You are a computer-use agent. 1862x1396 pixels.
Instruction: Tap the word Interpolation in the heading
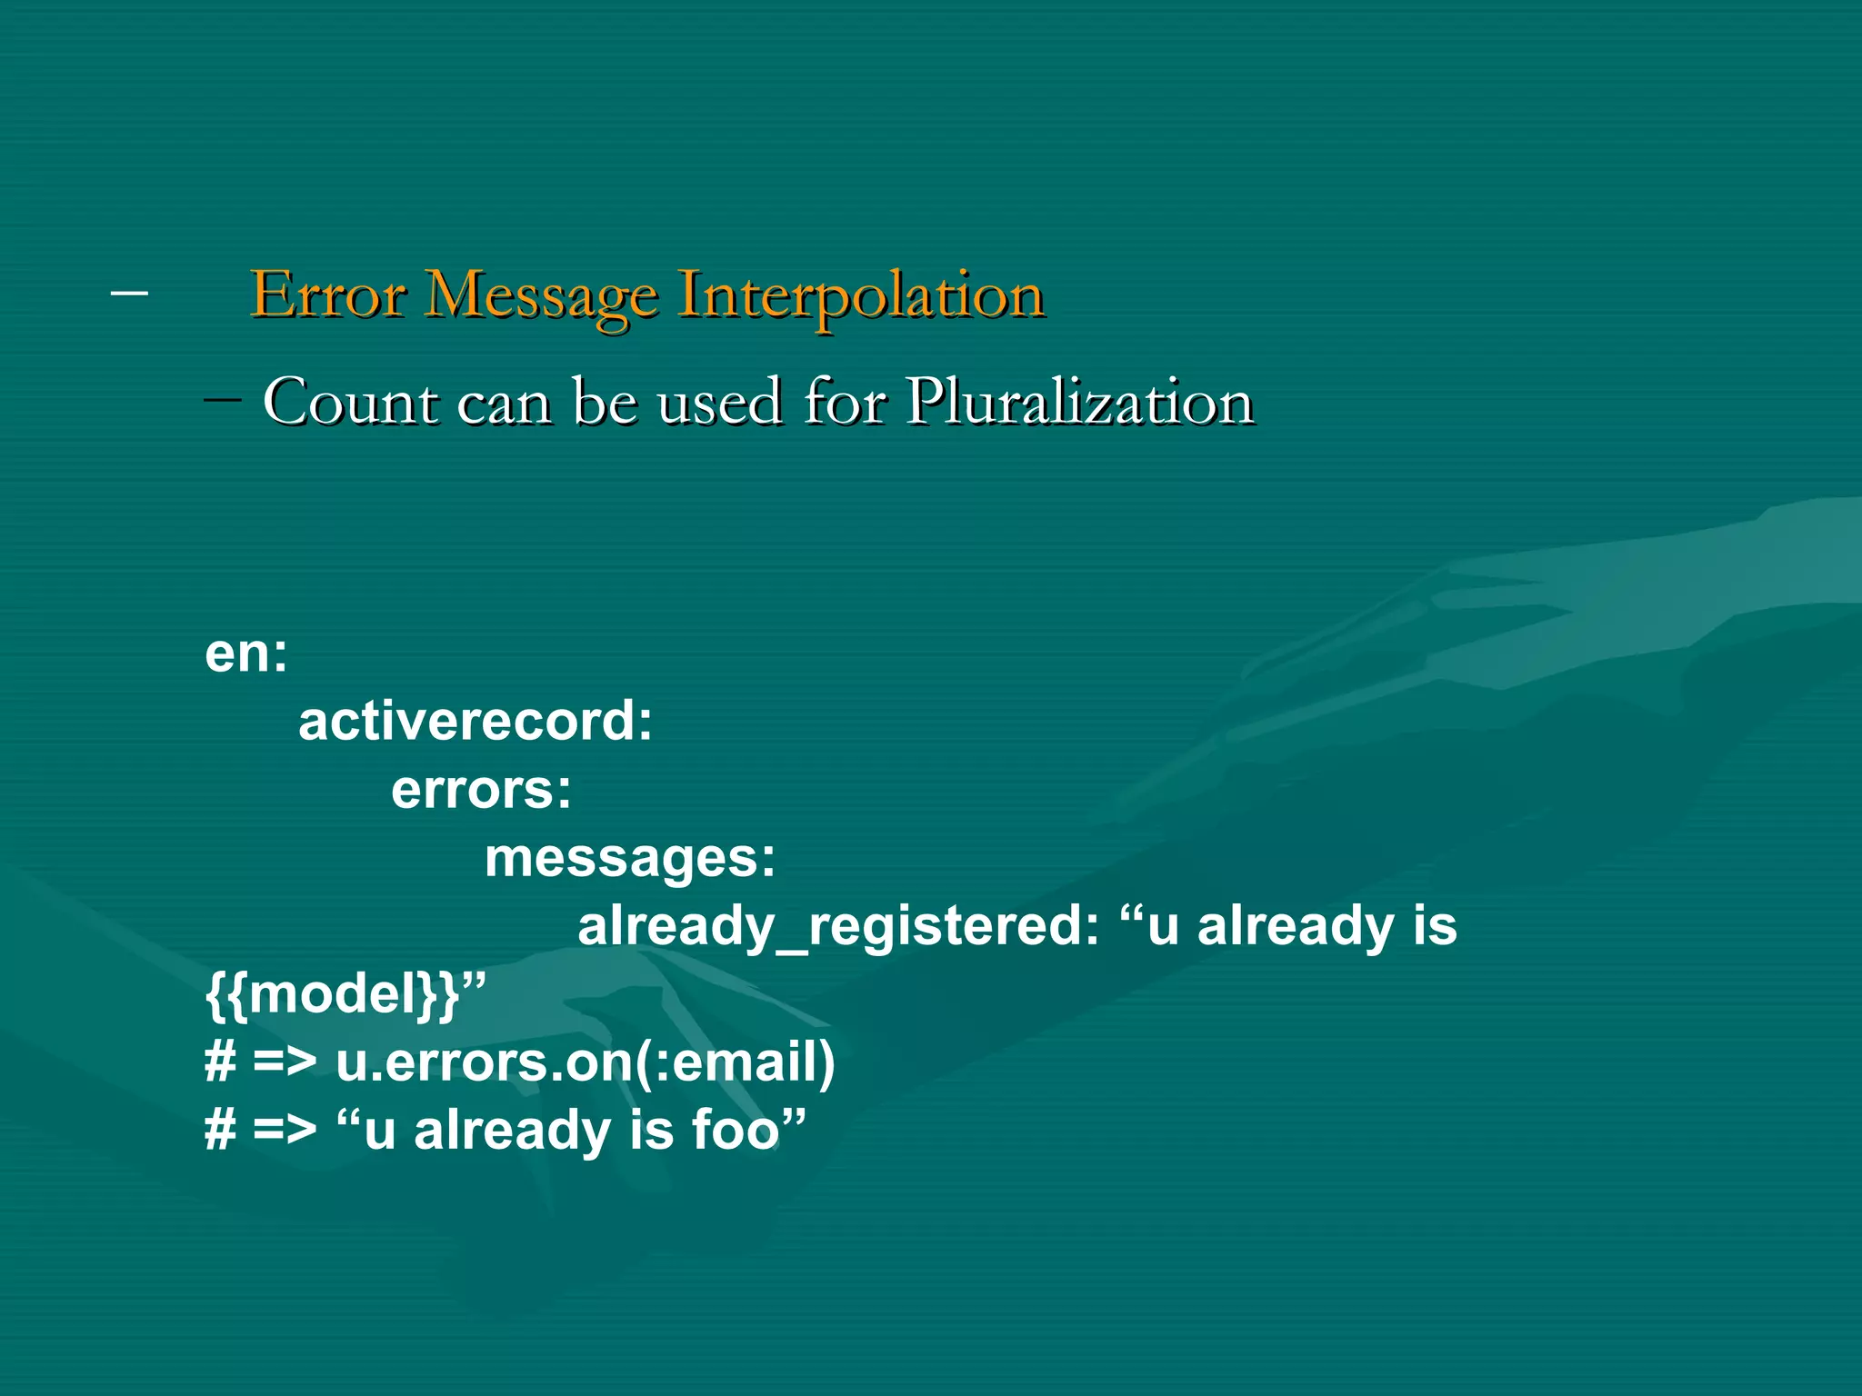pos(861,295)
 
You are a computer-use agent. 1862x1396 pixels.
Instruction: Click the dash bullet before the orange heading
pos(129,293)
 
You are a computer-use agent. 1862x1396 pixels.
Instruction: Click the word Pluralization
pos(1080,402)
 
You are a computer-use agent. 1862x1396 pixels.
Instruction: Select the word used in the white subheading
pos(719,402)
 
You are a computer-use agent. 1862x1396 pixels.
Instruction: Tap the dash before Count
pos(223,400)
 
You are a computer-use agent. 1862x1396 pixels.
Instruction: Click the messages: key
pos(630,857)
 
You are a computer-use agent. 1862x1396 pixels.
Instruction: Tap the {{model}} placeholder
pos(333,993)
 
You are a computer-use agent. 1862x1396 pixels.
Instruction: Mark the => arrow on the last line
pos(285,1132)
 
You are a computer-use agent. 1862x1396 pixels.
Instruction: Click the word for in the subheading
pos(845,402)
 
